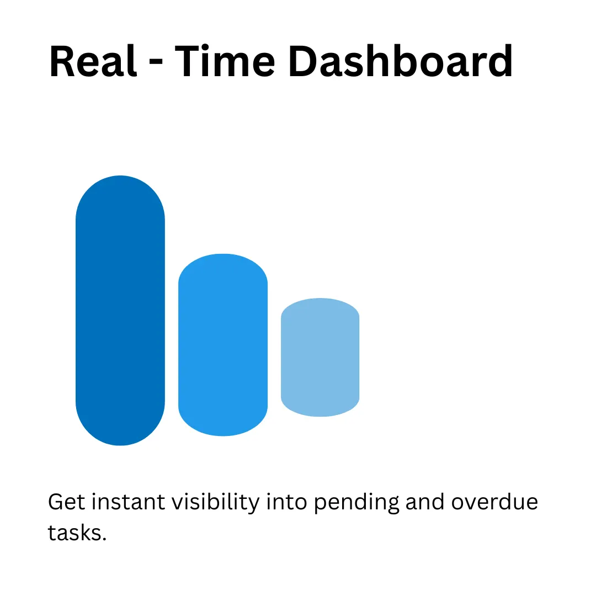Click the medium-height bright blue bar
coord(223,345)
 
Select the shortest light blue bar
coord(320,357)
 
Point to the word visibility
coord(216,504)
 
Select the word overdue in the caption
coord(494,503)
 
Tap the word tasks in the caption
coord(73,533)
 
